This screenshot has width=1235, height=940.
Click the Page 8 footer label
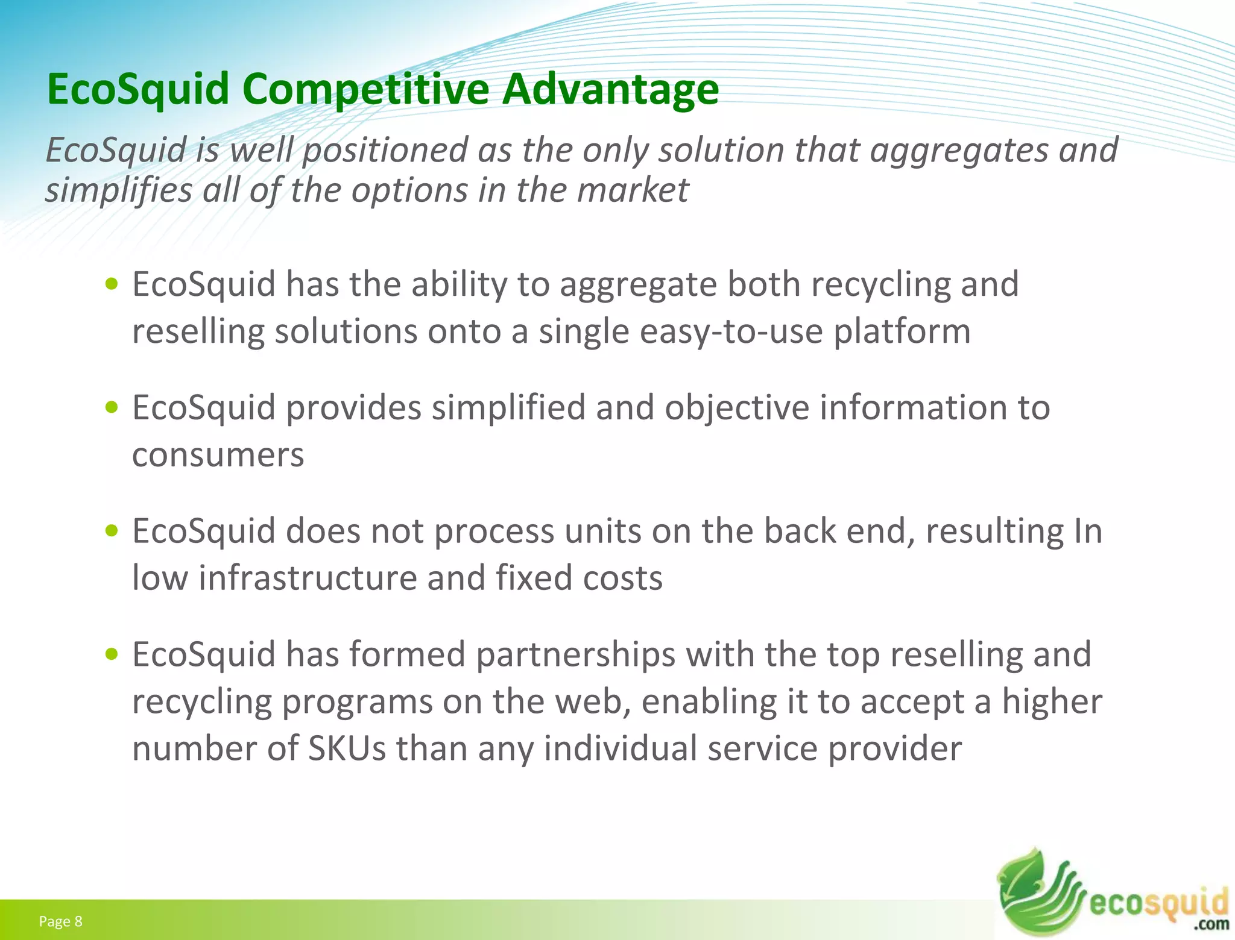(60, 921)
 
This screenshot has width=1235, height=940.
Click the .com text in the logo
(1211, 924)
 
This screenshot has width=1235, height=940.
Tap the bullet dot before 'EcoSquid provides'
(111, 407)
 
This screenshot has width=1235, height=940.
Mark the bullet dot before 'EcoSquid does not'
(111, 531)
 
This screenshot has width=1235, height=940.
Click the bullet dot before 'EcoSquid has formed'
(111, 654)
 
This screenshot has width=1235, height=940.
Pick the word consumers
(218, 455)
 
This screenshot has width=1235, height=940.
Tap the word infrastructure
(307, 578)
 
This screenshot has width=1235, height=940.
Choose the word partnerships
(575, 655)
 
